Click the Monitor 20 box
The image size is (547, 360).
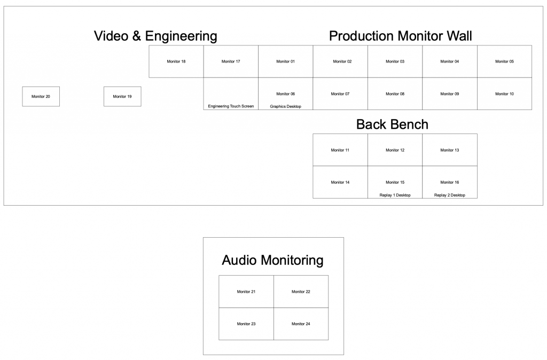pyautogui.click(x=41, y=97)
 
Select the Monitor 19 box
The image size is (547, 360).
pyautogui.click(x=122, y=97)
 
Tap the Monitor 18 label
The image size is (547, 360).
pyautogui.click(x=176, y=61)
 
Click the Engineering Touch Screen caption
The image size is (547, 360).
pyautogui.click(x=231, y=106)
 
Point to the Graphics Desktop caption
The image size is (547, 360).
pyautogui.click(x=285, y=106)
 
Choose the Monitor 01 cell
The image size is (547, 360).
pyautogui.click(x=285, y=61)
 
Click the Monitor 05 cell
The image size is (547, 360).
pyautogui.click(x=504, y=61)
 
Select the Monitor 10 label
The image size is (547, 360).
pyautogui.click(x=504, y=94)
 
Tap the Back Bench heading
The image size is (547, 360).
pyautogui.click(x=392, y=124)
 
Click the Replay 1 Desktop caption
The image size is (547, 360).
pyautogui.click(x=395, y=195)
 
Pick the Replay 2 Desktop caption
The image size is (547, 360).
pyautogui.click(x=449, y=195)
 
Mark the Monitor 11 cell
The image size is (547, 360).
pyautogui.click(x=340, y=150)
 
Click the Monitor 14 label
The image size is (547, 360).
pyautogui.click(x=340, y=182)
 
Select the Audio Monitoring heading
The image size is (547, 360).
pyautogui.click(x=272, y=261)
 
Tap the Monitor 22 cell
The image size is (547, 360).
pyautogui.click(x=301, y=292)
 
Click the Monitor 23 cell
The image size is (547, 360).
pyautogui.click(x=246, y=324)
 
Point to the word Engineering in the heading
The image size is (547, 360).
pyautogui.click(x=181, y=36)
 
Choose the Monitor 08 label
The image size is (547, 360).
pyautogui.click(x=395, y=94)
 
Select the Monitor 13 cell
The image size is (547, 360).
pyautogui.click(x=449, y=150)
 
